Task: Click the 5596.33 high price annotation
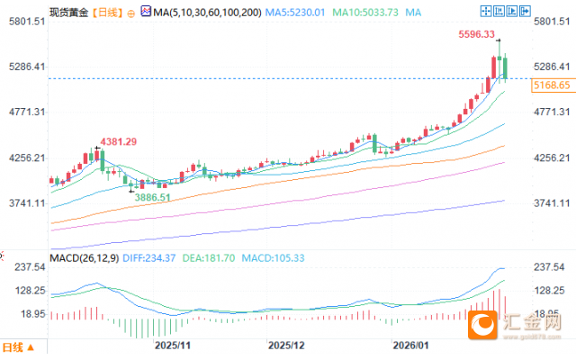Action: pyautogui.click(x=476, y=35)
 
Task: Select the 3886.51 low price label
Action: pyautogui.click(x=151, y=196)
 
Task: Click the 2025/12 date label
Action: pyautogui.click(x=288, y=346)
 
